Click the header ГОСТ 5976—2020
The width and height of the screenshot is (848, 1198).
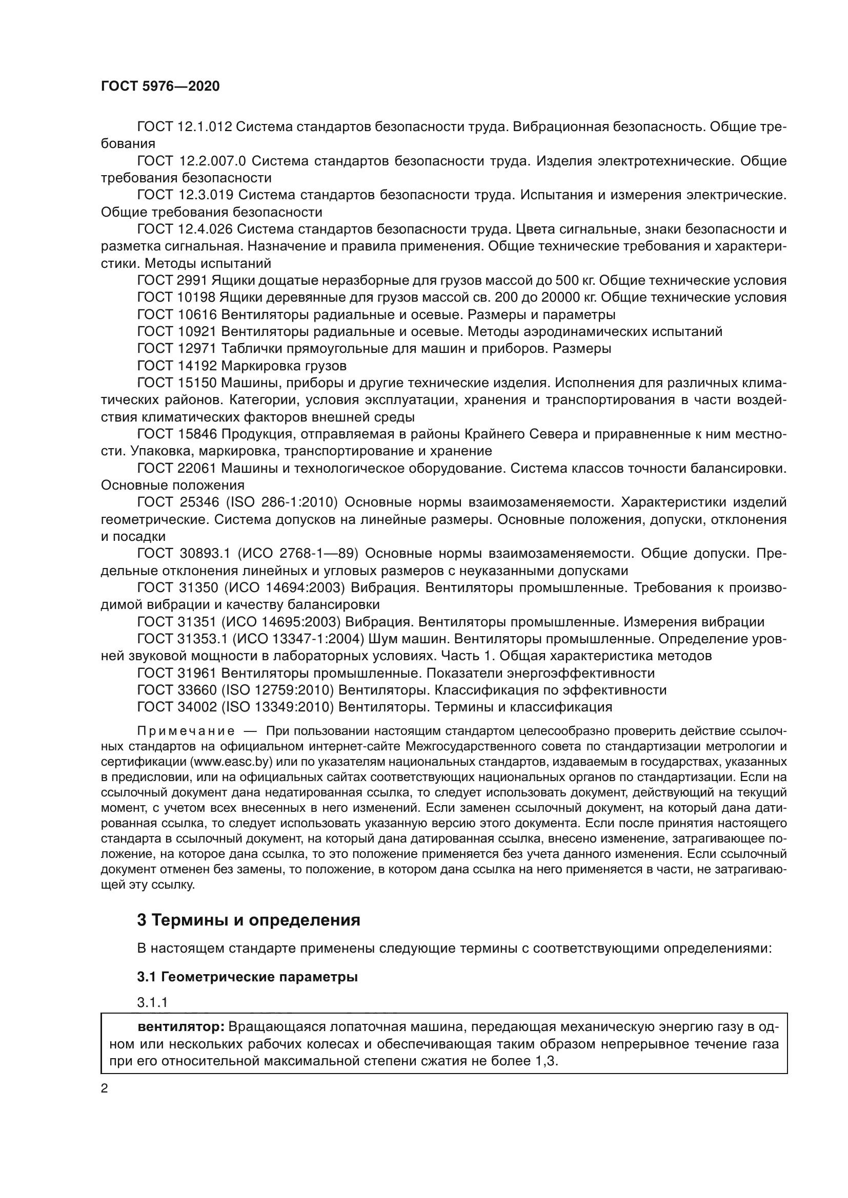click(160, 87)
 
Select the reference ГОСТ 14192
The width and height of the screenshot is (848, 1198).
click(176, 365)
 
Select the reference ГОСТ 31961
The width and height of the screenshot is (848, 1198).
click(176, 673)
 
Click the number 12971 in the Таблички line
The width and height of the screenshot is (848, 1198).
click(197, 349)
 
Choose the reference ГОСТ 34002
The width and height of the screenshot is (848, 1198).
click(176, 707)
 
